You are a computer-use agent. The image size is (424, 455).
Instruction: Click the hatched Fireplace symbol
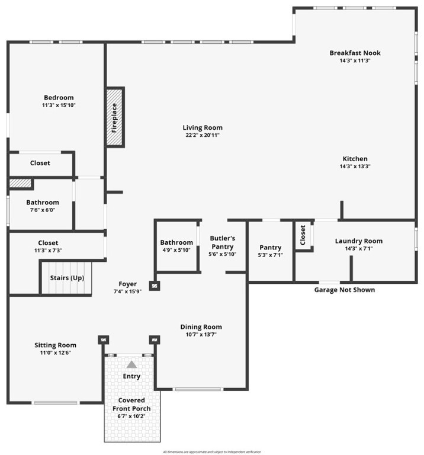pos(114,117)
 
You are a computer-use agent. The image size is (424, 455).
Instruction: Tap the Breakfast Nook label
pos(355,53)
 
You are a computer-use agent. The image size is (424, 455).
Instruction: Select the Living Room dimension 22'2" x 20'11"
pos(203,135)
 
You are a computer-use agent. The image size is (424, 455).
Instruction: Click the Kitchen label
pos(355,159)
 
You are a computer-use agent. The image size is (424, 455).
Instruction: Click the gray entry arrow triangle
pos(131,364)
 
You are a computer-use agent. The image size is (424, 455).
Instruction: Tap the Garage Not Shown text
pos(344,290)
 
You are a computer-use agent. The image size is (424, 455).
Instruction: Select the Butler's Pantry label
pos(223,242)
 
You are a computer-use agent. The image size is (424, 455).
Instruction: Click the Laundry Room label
pos(358,241)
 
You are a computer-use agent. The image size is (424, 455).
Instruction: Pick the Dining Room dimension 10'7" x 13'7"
pos(201,335)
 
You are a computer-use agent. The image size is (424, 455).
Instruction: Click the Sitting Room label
pos(55,345)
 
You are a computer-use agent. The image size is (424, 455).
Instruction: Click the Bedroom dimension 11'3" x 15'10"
pos(59,105)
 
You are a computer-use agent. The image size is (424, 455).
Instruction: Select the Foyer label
pos(127,284)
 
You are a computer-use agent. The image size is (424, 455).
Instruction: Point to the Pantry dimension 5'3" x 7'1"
pos(270,255)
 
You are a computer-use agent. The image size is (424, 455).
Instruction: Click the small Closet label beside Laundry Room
pos(303,235)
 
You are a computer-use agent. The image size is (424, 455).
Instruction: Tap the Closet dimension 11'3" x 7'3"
pos(48,251)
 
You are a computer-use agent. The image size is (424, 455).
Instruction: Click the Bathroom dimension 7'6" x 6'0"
pos(42,210)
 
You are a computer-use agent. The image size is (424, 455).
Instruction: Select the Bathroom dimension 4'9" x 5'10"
pos(176,250)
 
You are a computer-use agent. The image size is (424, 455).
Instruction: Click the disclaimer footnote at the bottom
pos(211,451)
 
